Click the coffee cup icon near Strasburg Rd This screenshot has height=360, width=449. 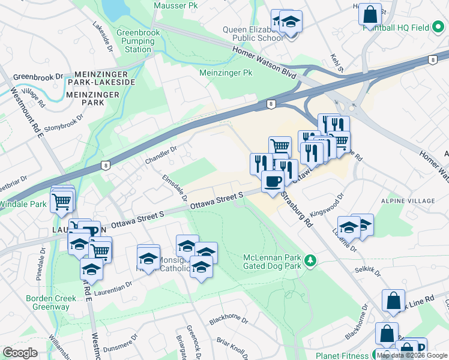pyautogui.click(x=273, y=181)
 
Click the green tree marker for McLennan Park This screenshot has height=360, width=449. pyautogui.click(x=310, y=260)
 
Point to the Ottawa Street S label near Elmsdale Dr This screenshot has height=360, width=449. pyautogui.click(x=216, y=200)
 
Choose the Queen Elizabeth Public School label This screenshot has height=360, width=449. pyautogui.click(x=253, y=34)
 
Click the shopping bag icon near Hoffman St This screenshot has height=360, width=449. pyautogui.click(x=370, y=14)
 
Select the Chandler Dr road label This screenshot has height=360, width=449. pyautogui.click(x=161, y=155)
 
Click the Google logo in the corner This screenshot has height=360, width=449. pyautogui.click(x=20, y=353)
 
